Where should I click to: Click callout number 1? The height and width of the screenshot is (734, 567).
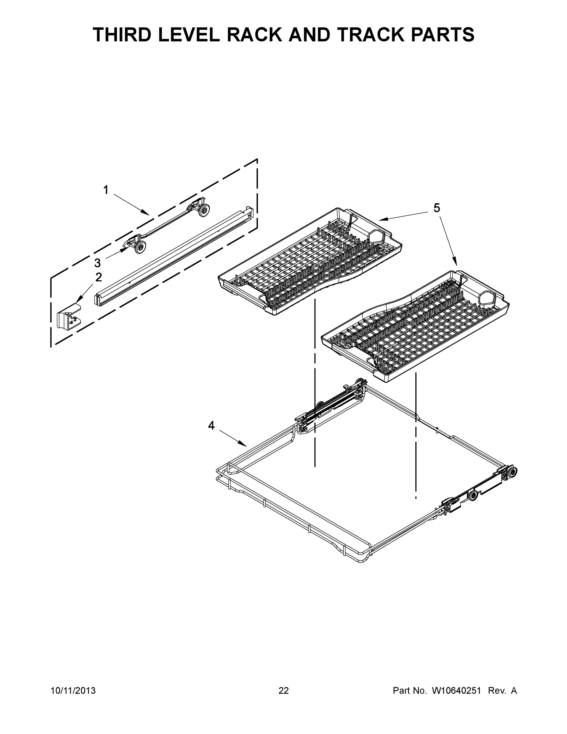[x=106, y=190]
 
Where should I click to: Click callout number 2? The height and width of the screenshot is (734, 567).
[x=98, y=277]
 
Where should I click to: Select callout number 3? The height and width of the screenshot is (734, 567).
[x=98, y=262]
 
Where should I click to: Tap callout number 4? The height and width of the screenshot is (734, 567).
[x=211, y=426]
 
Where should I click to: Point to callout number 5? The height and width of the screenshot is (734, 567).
[x=436, y=208]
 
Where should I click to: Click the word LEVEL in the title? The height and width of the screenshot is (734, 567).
[x=189, y=35]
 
